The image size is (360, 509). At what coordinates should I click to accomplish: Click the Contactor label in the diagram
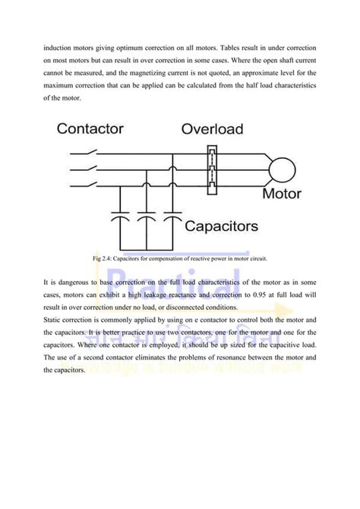[90, 128]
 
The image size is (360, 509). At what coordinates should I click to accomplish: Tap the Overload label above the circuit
[212, 129]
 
